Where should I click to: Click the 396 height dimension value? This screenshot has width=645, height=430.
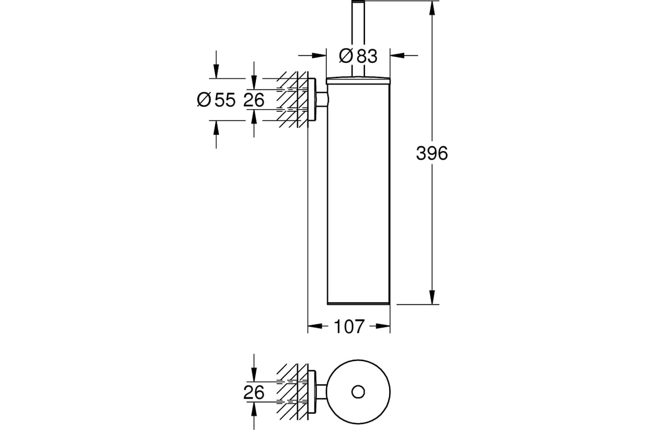(x=432, y=153)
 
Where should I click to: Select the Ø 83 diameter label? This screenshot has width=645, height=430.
(x=358, y=56)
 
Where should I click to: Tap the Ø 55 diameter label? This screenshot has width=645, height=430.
(x=216, y=100)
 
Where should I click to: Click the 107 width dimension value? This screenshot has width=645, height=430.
(x=349, y=326)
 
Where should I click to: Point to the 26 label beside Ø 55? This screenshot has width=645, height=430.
(x=254, y=100)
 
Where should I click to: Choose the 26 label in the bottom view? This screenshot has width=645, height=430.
(x=254, y=392)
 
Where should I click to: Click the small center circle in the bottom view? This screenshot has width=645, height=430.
(x=358, y=392)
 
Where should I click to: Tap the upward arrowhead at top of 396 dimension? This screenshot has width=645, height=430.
(x=432, y=8)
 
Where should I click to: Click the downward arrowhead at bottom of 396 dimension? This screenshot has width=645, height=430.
(x=432, y=297)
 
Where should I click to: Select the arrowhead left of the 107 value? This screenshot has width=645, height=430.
(x=315, y=326)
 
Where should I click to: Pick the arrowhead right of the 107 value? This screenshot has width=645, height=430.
(x=383, y=326)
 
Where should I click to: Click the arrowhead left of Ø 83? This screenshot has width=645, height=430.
(x=319, y=55)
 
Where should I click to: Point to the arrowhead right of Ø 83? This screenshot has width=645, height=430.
(x=397, y=55)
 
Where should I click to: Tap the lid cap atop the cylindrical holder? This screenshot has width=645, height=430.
(x=358, y=81)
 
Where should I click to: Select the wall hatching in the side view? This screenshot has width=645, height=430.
(x=292, y=99)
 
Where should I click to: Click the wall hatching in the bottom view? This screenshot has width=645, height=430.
(x=292, y=392)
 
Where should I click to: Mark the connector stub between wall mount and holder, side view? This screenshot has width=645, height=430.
(x=321, y=99)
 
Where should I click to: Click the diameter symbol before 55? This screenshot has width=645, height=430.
(x=204, y=100)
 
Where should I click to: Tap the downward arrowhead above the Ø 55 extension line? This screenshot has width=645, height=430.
(x=216, y=71)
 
